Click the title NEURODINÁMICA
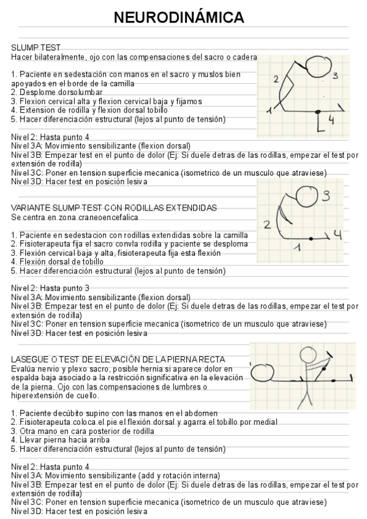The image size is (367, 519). coord(183,18)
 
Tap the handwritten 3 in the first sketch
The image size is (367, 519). coord(336,76)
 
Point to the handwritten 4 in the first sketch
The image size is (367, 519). coord(331,120)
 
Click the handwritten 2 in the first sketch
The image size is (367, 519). coord(276,79)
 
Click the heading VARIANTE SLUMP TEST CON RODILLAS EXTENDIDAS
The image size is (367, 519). coord(114,208)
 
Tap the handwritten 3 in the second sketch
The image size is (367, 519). coord(327,196)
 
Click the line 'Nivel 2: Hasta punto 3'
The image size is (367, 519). coord(50,288)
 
